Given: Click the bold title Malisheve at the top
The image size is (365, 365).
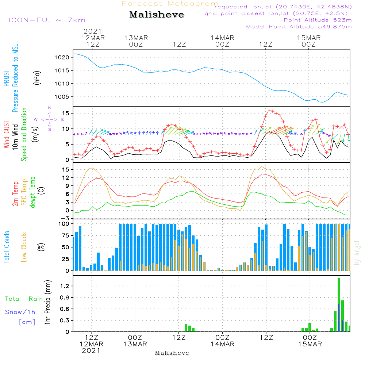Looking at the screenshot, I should coord(157,15).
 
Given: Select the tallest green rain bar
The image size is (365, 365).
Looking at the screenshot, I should coord(339,305).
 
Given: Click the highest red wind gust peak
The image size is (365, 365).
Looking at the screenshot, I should coord(269,110).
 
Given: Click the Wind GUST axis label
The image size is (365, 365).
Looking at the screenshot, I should coord(7,135).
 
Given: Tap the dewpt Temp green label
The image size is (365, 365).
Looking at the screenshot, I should coord(33,192).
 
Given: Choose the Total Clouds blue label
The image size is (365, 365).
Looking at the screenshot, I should coord(7,247).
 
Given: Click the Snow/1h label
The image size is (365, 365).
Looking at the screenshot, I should coord(20,312).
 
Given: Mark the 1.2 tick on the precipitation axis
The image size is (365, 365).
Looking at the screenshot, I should coord(65,286).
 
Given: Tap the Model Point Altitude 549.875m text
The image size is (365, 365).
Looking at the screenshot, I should coord(299,27).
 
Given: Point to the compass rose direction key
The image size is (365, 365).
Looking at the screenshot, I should coord(50,119).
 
